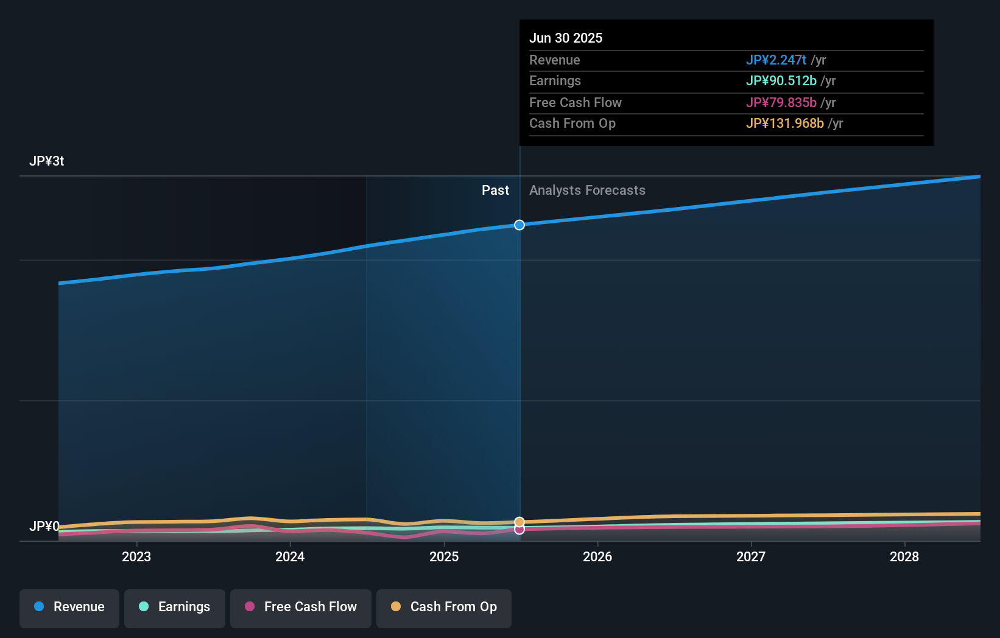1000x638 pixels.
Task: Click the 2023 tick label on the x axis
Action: [136, 556]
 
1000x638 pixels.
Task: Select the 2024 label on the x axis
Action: [290, 556]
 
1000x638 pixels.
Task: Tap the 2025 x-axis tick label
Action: [444, 556]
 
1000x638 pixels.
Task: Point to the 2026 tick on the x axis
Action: [597, 556]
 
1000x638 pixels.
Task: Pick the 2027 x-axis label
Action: [751, 556]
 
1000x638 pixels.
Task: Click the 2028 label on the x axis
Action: [904, 556]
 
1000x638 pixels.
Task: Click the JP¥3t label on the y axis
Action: [46, 161]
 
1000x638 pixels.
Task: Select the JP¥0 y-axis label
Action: [44, 526]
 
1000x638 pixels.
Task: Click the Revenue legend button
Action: [69, 607]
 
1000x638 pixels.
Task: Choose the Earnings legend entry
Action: [175, 607]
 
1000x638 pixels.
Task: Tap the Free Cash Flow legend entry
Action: [301, 607]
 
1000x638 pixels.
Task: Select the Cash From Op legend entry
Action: [444, 607]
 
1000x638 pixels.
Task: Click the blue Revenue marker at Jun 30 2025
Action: [519, 225]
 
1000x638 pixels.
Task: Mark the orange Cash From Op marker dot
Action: [519, 522]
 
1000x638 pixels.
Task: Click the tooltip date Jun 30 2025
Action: [566, 38]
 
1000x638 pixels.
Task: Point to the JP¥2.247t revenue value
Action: [776, 60]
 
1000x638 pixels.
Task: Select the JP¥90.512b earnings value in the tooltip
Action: [781, 80]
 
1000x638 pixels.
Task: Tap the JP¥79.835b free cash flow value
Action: [781, 102]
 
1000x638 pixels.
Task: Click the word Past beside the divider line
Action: [495, 191]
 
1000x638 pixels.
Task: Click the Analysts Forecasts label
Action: [587, 191]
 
